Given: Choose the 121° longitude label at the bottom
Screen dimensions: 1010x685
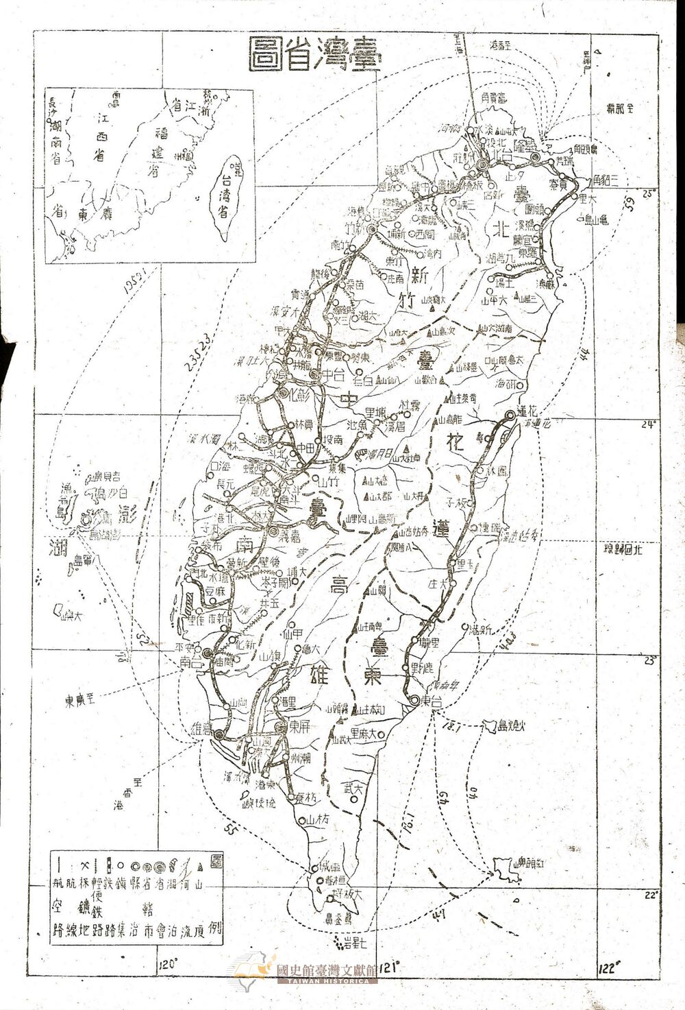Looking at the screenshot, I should click(388, 966).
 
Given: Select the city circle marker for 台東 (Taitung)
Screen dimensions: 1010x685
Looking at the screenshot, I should click(416, 699).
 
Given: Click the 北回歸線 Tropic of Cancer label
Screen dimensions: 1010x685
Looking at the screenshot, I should click(621, 549).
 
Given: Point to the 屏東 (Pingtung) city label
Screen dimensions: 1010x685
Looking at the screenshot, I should click(294, 727).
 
